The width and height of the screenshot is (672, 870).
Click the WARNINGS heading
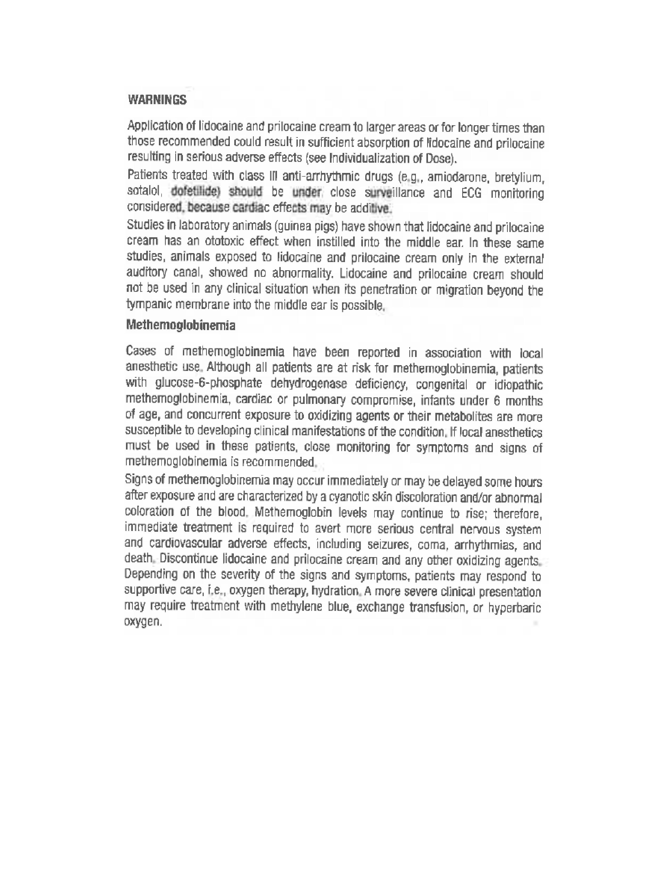[x=157, y=100]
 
